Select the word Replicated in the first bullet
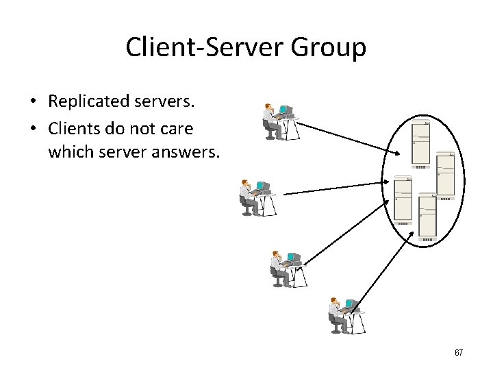pos(88,102)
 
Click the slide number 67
pos(459,353)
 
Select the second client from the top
pos(258,197)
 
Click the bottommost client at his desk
pos(344,315)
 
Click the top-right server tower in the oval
pos(445,175)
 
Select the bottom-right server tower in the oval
pos(427,218)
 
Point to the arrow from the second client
pos(336,188)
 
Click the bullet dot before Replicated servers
pos(32,103)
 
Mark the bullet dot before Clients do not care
pos(32,129)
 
